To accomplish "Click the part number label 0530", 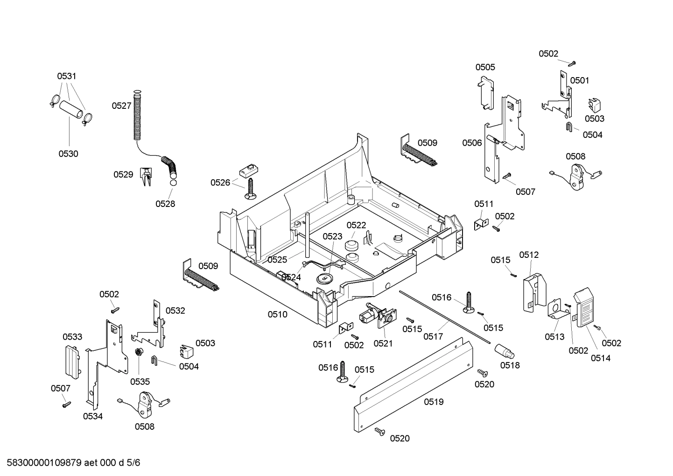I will point(68,154).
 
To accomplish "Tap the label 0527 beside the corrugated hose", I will point(121,106).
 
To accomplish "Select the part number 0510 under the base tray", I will point(277,314).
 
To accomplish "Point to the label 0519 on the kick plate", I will point(434,402).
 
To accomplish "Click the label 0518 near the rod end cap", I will point(510,365).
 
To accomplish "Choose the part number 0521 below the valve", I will point(383,343).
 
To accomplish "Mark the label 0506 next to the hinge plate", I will point(472,143).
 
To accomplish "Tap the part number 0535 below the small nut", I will point(140,382).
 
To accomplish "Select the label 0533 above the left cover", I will point(72,337).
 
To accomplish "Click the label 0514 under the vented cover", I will point(601,358).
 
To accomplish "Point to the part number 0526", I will point(220,183).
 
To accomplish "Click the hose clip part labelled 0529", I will point(146,176).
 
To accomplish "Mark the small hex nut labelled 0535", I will point(138,352).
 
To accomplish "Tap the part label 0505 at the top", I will point(485,67).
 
